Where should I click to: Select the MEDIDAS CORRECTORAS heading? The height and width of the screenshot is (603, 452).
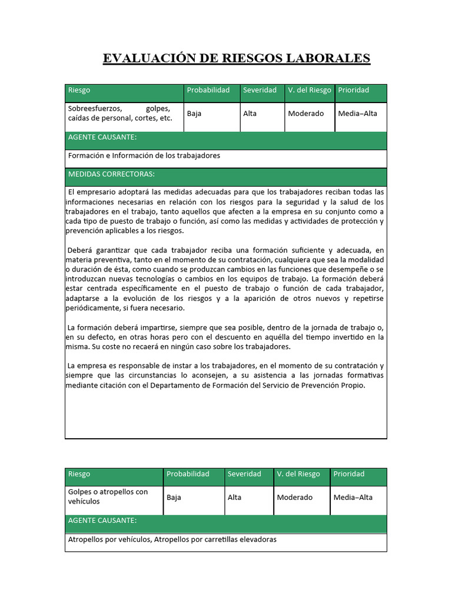111,174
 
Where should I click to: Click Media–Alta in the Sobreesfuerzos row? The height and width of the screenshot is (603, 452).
357,114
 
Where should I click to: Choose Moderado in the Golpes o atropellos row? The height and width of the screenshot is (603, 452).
295,498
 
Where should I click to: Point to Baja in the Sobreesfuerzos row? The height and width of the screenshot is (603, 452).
194,114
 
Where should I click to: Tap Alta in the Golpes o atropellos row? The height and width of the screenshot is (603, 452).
234,498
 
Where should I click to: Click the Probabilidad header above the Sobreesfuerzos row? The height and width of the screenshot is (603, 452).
208,90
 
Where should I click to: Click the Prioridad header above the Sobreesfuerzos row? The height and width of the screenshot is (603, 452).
354,90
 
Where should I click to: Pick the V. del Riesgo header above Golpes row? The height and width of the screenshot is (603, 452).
298,474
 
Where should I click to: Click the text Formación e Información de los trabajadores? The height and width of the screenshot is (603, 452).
144,156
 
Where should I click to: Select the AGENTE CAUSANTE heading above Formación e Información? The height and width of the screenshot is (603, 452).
102,137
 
